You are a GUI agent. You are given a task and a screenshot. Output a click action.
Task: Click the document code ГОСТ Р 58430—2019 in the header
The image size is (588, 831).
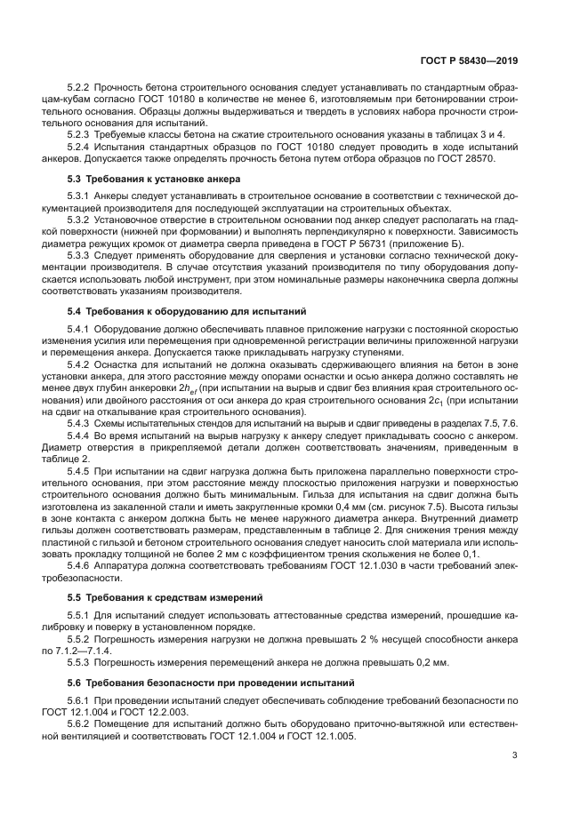point(469,61)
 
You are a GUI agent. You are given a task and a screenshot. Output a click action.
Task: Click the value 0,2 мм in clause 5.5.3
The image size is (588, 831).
point(430,662)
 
